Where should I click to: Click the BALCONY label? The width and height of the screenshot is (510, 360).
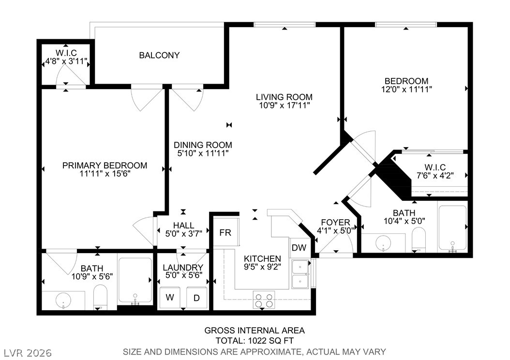click(159, 55)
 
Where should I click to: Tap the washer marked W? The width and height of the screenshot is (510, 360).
click(170, 298)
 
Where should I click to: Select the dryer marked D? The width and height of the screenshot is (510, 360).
click(197, 298)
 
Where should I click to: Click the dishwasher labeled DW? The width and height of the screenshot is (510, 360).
click(299, 248)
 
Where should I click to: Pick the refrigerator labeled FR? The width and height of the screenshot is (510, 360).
click(225, 233)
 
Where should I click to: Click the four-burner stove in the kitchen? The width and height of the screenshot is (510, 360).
click(264, 300)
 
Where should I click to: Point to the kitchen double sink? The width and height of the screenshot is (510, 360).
click(300, 274)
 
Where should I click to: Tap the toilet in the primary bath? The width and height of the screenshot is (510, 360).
click(100, 298)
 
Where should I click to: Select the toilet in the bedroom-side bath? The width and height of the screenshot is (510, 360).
click(419, 240)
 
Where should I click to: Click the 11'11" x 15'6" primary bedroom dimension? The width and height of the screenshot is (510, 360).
click(105, 174)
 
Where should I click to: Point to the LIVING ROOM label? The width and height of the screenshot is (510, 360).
click(284, 97)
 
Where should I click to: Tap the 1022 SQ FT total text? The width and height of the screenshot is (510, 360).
click(271, 341)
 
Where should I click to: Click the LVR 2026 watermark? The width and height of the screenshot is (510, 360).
click(28, 353)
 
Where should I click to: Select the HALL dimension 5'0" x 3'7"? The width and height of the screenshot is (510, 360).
click(184, 233)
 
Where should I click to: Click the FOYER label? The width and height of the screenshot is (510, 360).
click(335, 223)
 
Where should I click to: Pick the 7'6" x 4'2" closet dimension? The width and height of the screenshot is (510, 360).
click(435, 176)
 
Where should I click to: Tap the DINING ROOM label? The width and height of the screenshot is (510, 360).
click(203, 145)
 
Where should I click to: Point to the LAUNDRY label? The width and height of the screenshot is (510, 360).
click(183, 267)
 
